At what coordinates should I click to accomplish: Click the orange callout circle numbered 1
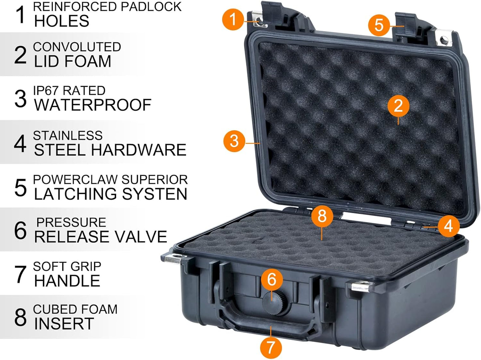pyautogui.click(x=233, y=19)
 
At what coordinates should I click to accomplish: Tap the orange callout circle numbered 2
pyautogui.click(x=398, y=106)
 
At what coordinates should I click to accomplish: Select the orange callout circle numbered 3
pyautogui.click(x=234, y=141)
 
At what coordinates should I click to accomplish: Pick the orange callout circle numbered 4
pyautogui.click(x=448, y=226)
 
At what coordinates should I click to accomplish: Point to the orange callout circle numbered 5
pyautogui.click(x=379, y=25)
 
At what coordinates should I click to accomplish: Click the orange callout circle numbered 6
pyautogui.click(x=272, y=279)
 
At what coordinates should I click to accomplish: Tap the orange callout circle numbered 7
pyautogui.click(x=271, y=347)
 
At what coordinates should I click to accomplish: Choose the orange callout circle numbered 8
pyautogui.click(x=322, y=216)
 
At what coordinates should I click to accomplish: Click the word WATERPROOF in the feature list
pyautogui.click(x=93, y=105)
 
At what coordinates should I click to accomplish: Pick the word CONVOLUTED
pyautogui.click(x=77, y=47)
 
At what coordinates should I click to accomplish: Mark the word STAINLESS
pyautogui.click(x=68, y=136)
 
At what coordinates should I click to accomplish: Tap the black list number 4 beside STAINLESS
pyautogui.click(x=20, y=143)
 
